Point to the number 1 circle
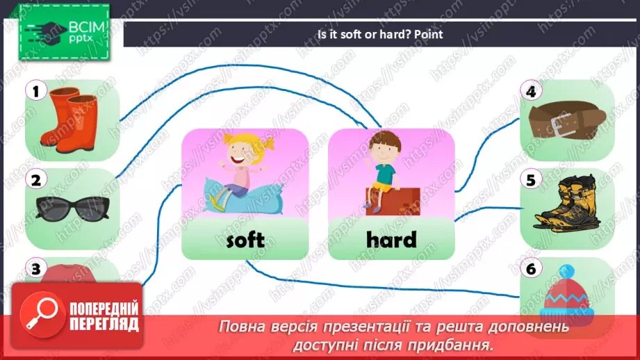[x=35, y=90]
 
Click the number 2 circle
[x=35, y=180]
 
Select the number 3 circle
[x=35, y=268]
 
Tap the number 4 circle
[x=532, y=91]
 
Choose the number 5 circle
[x=532, y=180]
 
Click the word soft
[x=245, y=240]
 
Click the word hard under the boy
[x=391, y=240]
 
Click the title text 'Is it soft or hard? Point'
[x=379, y=33]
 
